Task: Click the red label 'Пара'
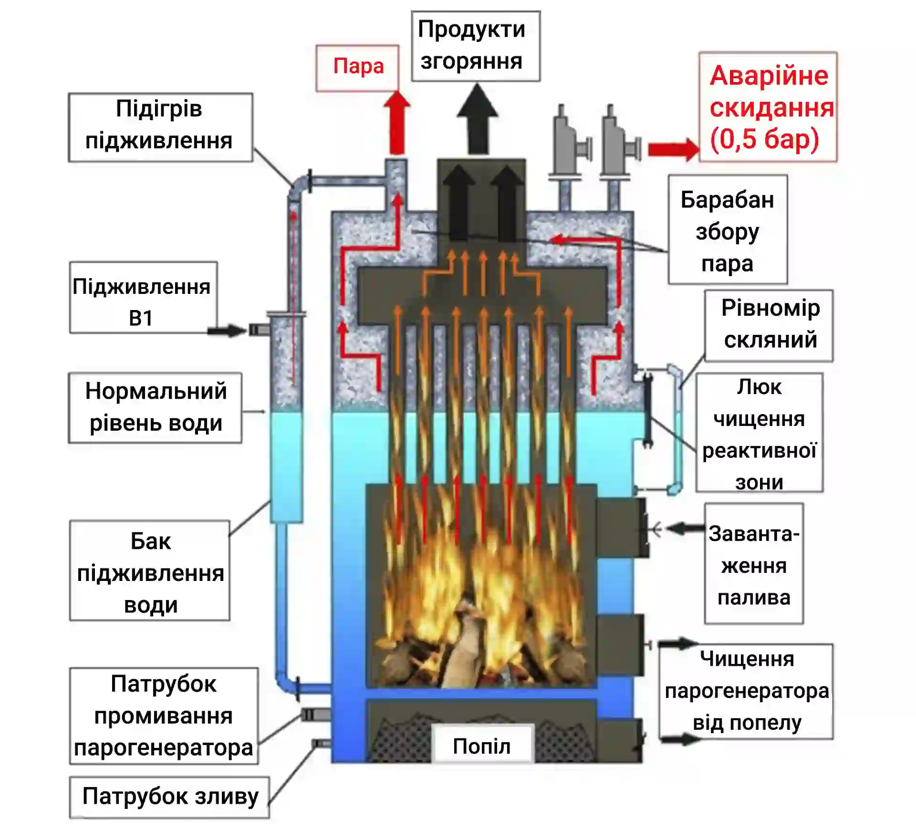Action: pos(358,67)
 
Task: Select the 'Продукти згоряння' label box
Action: pos(476,46)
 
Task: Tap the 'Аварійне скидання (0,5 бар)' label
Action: pos(768,107)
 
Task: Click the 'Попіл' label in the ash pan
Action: pos(481,746)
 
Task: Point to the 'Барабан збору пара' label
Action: pos(727,231)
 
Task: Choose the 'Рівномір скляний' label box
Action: pos(769,324)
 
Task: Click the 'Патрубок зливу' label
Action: pos(170,796)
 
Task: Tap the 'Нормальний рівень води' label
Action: pos(156,407)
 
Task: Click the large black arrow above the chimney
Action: pos(477,119)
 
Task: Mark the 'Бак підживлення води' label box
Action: pos(150,572)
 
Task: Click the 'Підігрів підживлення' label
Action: pos(159,125)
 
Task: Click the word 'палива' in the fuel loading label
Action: pos(754,597)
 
